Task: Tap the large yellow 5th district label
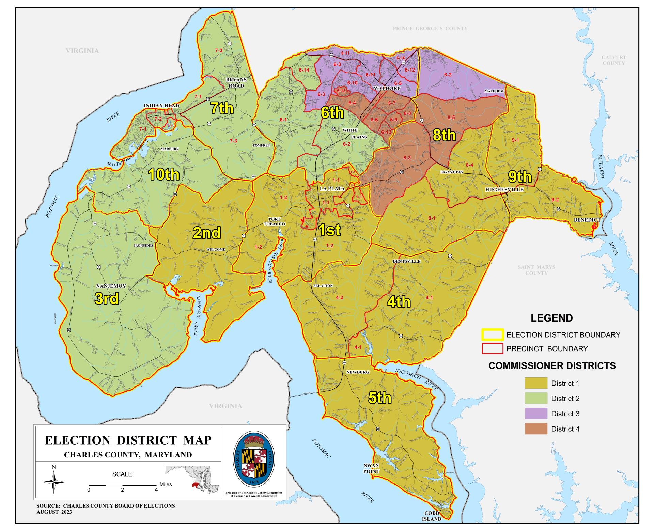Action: (x=380, y=398)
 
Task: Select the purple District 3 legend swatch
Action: (x=536, y=414)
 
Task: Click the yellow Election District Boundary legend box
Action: (x=492, y=335)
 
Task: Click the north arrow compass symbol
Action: (x=53, y=482)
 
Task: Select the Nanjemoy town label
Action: (x=111, y=286)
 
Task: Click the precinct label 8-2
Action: (x=448, y=75)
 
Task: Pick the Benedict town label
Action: (x=587, y=220)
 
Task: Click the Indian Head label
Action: (x=161, y=106)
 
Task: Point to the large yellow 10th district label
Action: (x=164, y=174)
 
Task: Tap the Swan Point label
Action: (x=371, y=468)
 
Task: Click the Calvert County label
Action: (x=613, y=60)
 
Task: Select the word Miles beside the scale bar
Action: (x=166, y=484)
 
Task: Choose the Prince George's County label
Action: (x=430, y=29)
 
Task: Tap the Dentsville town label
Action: (x=406, y=261)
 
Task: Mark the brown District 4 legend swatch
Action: (x=536, y=429)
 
